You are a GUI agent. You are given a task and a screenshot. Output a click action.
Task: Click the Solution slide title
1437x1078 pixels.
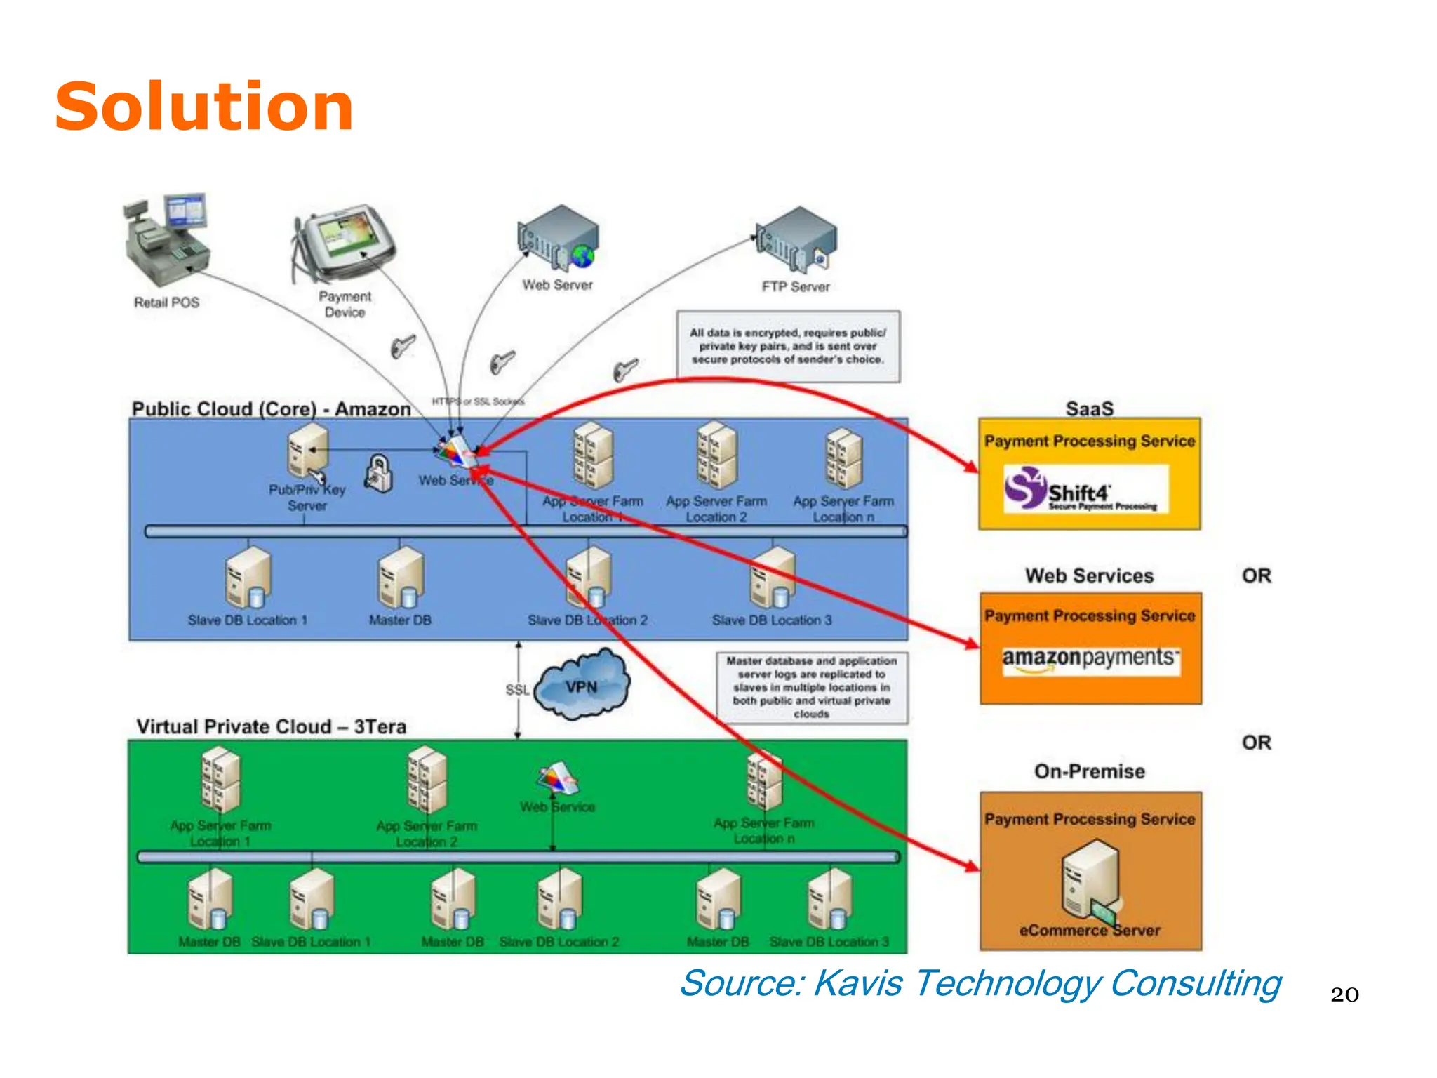tap(203, 107)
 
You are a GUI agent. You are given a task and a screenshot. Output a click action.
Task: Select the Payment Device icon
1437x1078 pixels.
tap(344, 243)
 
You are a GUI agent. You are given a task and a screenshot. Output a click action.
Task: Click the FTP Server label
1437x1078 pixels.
tap(795, 286)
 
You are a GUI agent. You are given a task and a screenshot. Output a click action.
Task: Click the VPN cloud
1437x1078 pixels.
tap(582, 686)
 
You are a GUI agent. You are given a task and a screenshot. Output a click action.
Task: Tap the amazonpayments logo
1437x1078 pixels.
tap(1090, 658)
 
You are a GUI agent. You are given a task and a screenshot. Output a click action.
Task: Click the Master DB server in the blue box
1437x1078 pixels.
tap(401, 578)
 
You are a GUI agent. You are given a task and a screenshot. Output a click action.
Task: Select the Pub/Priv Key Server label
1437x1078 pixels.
tap(307, 498)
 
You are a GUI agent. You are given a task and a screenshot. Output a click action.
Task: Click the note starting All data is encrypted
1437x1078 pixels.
tap(787, 346)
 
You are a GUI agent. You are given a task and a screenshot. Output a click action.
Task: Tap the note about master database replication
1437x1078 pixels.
tap(811, 687)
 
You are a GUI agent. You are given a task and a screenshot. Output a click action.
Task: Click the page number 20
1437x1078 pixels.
tap(1344, 994)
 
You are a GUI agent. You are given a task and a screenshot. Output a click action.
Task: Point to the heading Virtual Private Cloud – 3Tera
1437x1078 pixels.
tap(271, 726)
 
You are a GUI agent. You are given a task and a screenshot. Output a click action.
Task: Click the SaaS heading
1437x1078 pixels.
tap(1089, 408)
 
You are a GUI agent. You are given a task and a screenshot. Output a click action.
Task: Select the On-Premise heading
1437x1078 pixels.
tap(1089, 771)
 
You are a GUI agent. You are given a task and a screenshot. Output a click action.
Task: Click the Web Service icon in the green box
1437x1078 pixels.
tap(557, 778)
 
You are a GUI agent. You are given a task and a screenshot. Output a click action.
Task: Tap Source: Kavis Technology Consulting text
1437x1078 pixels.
tap(980, 983)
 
